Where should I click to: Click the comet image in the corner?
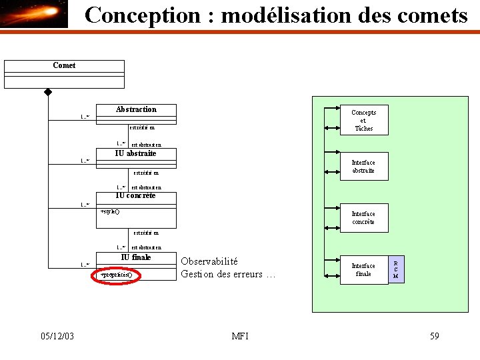point(34,14)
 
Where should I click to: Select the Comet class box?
point(64,73)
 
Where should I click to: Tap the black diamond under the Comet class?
point(48,92)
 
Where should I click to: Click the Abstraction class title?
point(136,109)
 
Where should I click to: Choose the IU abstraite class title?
point(136,153)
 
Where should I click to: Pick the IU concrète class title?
point(136,195)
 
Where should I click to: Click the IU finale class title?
point(136,257)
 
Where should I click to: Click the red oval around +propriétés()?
point(115,274)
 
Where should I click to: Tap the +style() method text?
point(109,211)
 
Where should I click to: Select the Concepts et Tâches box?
point(363,120)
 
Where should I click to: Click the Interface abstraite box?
point(363,166)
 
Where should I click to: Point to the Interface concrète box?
point(363,217)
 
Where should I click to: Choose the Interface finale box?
point(363,269)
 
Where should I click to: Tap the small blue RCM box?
point(396,269)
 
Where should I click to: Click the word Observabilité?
point(209,261)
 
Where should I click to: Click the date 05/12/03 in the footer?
point(57,336)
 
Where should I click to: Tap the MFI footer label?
point(240,336)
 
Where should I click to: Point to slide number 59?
point(434,336)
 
